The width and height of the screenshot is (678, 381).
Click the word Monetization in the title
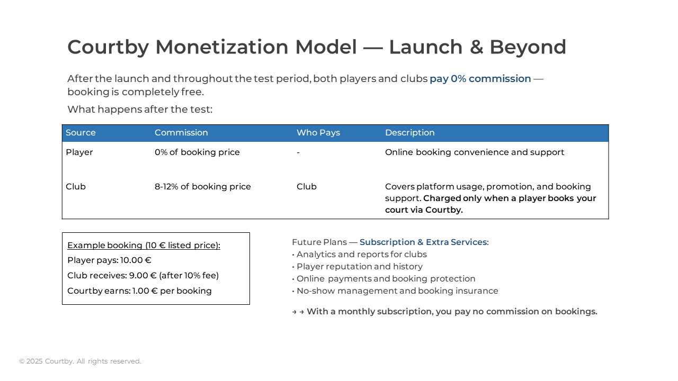click(x=221, y=47)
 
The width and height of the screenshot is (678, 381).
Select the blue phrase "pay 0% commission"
click(x=480, y=79)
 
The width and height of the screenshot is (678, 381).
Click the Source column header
click(x=81, y=132)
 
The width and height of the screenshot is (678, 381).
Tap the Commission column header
click(x=181, y=132)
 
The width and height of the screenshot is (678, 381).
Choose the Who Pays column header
click(x=318, y=132)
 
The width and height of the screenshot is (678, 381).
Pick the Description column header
click(x=409, y=132)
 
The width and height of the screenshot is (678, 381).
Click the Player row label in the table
click(x=79, y=152)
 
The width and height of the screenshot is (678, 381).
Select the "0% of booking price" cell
click(x=197, y=152)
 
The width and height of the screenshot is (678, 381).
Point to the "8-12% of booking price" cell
click(x=202, y=187)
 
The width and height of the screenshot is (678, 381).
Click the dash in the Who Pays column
click(x=298, y=152)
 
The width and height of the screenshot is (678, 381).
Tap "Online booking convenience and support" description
click(x=474, y=152)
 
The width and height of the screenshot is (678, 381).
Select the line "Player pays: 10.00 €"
click(x=109, y=260)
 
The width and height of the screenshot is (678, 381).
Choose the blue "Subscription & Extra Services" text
click(x=423, y=242)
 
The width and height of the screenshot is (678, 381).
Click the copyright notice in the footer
click(x=80, y=361)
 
